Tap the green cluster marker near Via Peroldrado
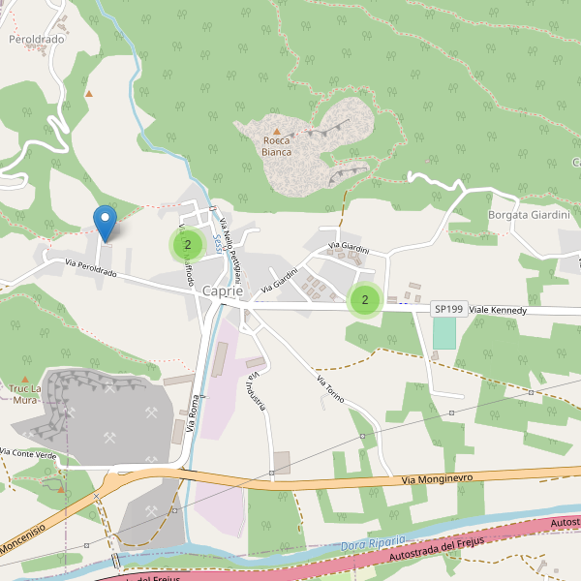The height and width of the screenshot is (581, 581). click(x=187, y=245)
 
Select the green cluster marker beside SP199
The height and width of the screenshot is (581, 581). click(x=364, y=300)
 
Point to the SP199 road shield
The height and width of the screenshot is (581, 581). click(x=447, y=309)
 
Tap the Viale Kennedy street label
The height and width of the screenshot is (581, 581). click(x=498, y=310)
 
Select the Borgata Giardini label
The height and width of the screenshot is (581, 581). click(x=528, y=215)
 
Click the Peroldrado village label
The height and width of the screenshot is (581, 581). click(x=36, y=40)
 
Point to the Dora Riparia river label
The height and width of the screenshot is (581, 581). click(x=373, y=543)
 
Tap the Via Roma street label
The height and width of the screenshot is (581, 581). click(x=190, y=412)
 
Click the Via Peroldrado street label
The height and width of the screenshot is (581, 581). click(x=91, y=269)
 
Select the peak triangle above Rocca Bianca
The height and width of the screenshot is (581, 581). click(x=276, y=131)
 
